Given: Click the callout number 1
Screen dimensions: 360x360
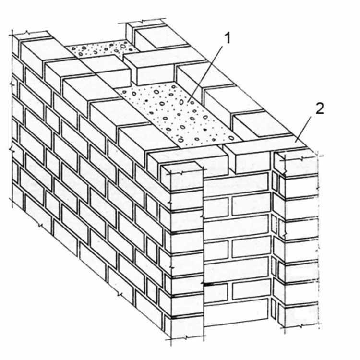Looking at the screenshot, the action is coord(227,38).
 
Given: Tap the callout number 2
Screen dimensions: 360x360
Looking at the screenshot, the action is coord(320,108).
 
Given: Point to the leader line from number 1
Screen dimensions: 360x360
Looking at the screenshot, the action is coord(205,74).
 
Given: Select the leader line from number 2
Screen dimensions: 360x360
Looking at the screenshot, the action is coord(303,129).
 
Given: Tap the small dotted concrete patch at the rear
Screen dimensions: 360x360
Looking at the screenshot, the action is coord(101,49).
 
